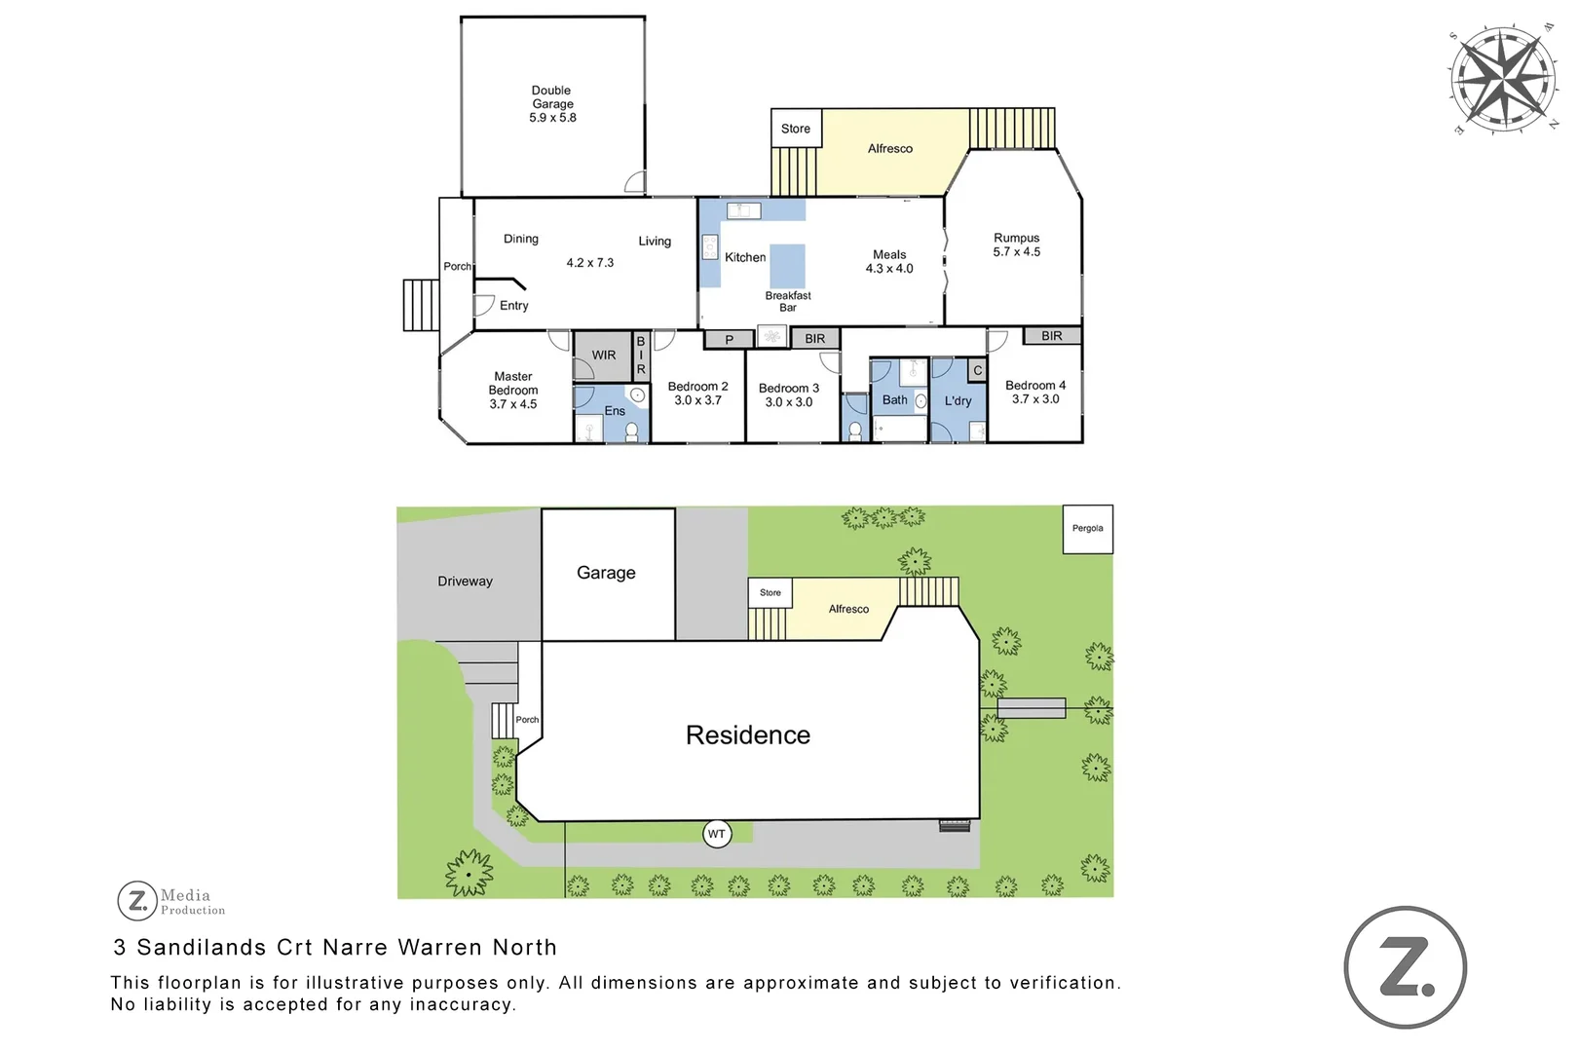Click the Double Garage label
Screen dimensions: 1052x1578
(552, 103)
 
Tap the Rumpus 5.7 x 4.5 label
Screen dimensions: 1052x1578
(1016, 244)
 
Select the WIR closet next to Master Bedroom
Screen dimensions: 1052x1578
(604, 356)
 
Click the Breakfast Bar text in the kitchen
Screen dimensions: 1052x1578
(787, 301)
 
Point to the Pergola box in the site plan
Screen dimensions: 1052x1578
(1087, 529)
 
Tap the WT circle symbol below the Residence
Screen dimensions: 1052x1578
(717, 834)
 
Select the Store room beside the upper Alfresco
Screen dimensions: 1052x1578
(795, 129)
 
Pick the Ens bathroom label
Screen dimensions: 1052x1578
(615, 411)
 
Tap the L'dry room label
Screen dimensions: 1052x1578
(958, 400)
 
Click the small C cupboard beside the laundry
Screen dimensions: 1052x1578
(977, 370)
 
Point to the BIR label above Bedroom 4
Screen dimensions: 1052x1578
(1051, 336)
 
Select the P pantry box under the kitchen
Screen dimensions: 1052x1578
(729, 340)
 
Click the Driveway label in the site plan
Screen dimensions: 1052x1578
(465, 582)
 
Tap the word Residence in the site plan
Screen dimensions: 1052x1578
(747, 735)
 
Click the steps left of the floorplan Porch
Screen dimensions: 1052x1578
(421, 305)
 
